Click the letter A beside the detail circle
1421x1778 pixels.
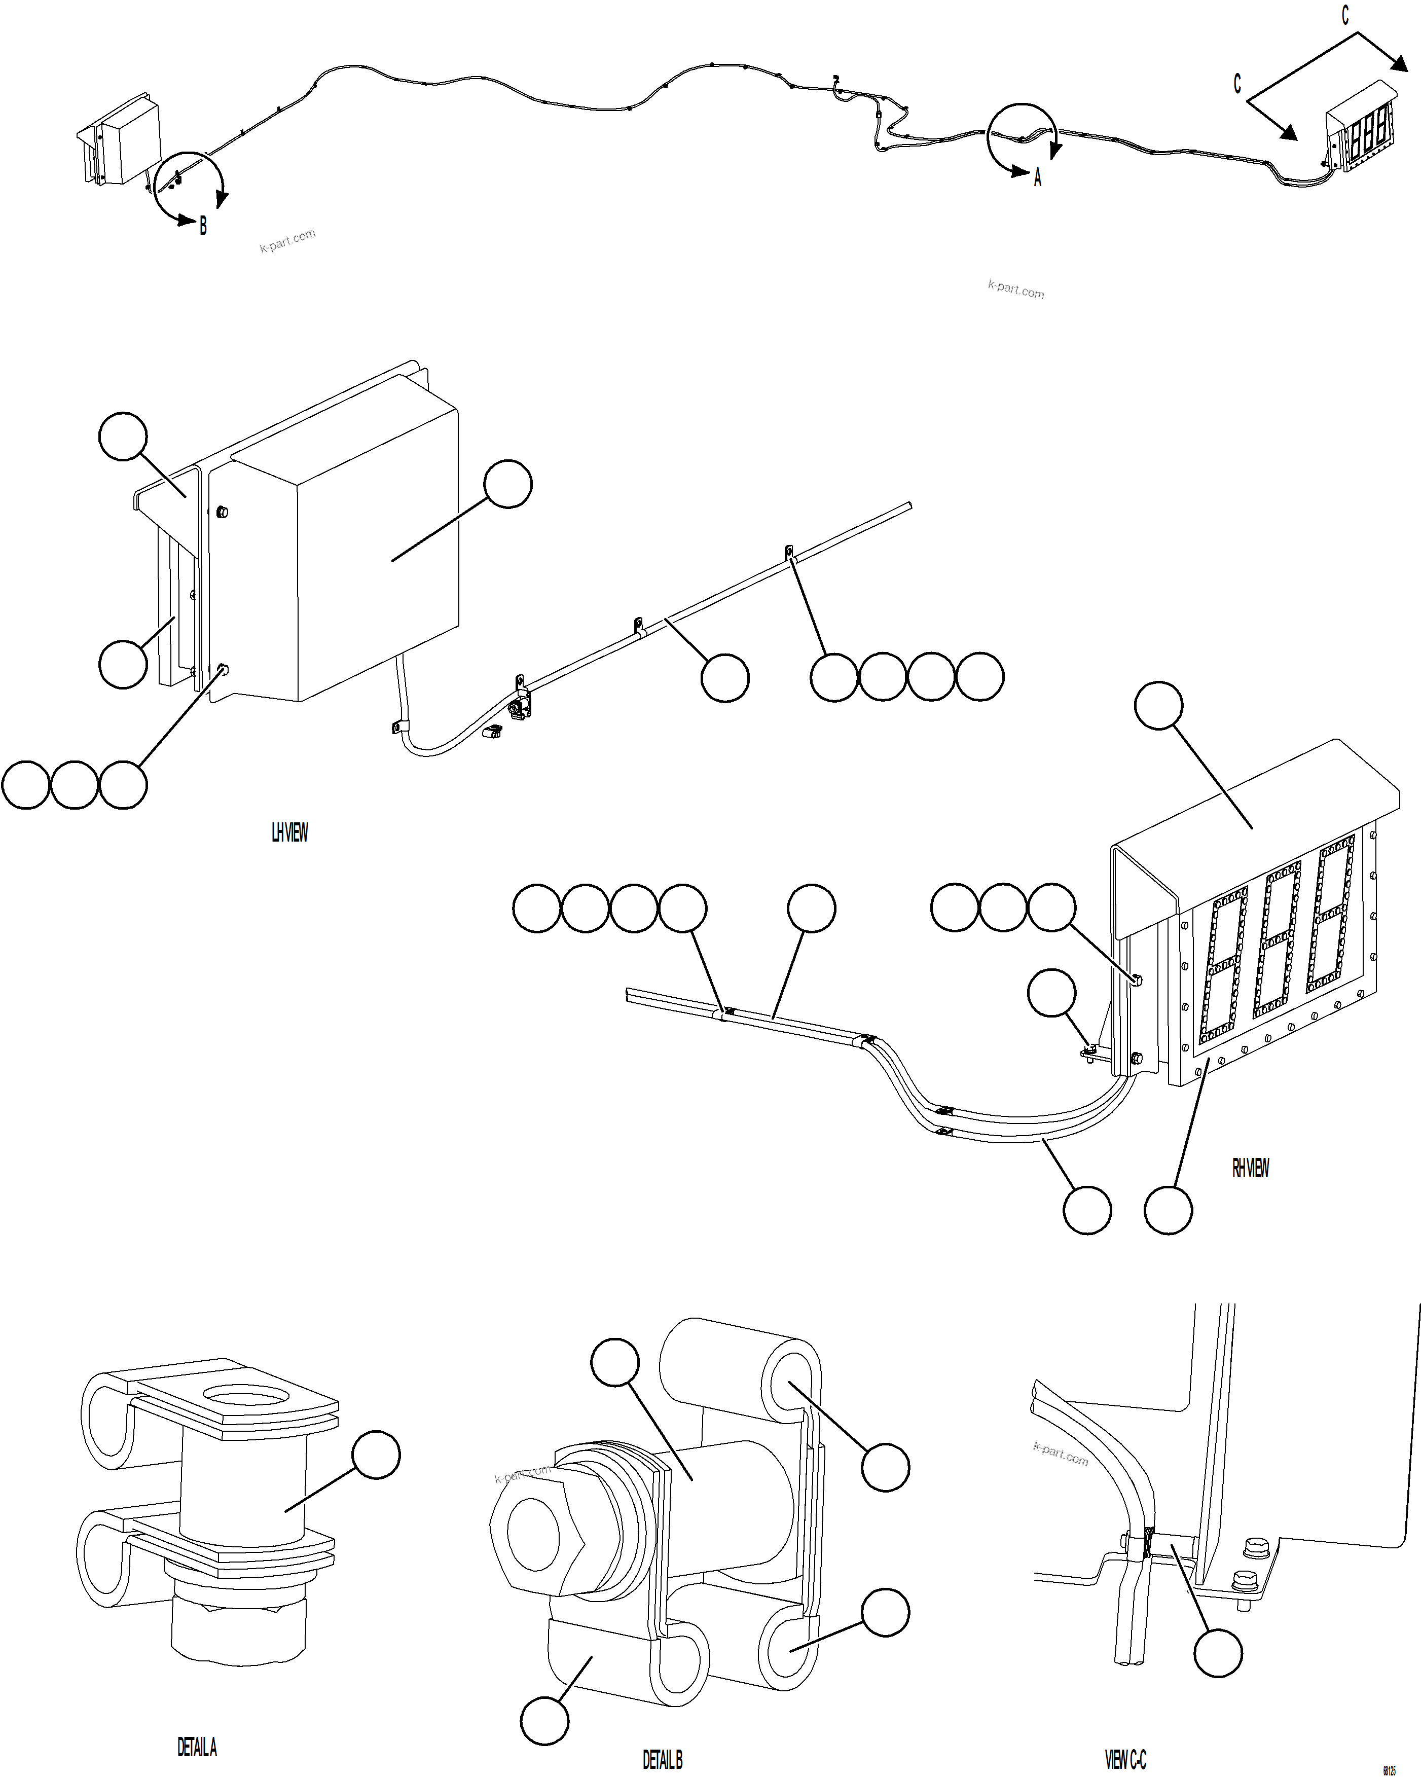tap(1038, 177)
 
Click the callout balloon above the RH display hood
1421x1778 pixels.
tap(1159, 705)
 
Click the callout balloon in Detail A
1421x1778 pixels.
tap(376, 1456)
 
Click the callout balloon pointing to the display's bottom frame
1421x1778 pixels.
tap(1168, 1210)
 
